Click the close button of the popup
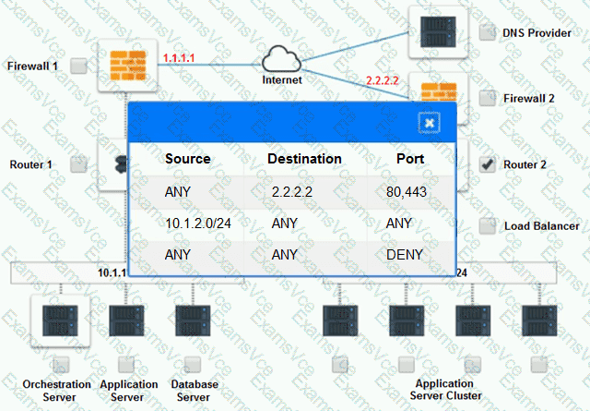click(x=430, y=122)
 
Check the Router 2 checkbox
click(x=488, y=165)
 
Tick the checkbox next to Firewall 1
click(x=79, y=66)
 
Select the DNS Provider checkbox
click(x=488, y=33)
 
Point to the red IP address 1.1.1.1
click(x=178, y=58)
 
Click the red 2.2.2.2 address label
click(x=382, y=80)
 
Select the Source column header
click(x=187, y=159)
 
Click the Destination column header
click(x=304, y=159)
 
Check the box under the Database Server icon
click(x=193, y=364)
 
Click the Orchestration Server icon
click(x=57, y=320)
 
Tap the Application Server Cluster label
click(x=444, y=389)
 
